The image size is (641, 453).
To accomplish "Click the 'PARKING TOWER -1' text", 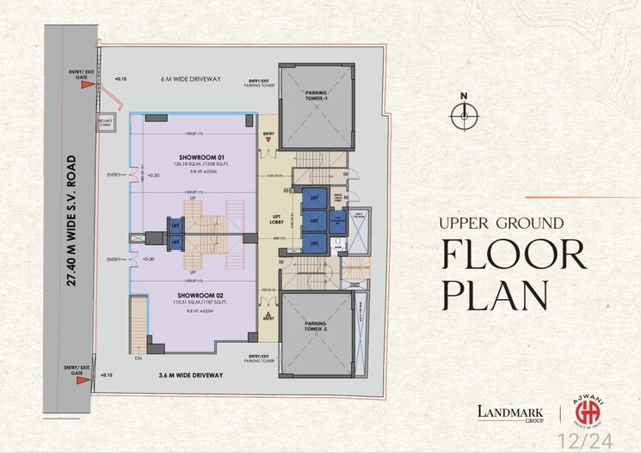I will [317, 98].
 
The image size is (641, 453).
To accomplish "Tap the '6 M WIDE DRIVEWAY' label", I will [190, 78].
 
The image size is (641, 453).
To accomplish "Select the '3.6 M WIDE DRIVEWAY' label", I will [190, 376].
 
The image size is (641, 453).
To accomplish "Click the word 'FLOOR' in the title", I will [513, 255].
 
